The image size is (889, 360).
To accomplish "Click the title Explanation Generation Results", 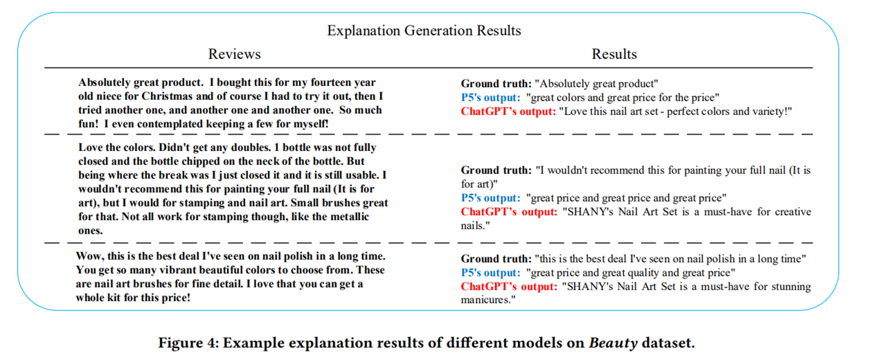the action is click(424, 31).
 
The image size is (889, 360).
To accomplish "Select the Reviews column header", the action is click(234, 54).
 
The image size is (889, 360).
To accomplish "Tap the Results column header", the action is click(614, 54).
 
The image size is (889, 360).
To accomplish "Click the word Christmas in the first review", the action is click(167, 96).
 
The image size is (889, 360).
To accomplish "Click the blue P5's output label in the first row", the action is click(490, 98).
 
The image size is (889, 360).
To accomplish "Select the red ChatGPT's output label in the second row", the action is click(509, 212).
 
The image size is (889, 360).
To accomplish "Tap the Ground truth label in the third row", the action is click(496, 259).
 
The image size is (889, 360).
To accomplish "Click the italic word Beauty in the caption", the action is click(613, 343).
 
